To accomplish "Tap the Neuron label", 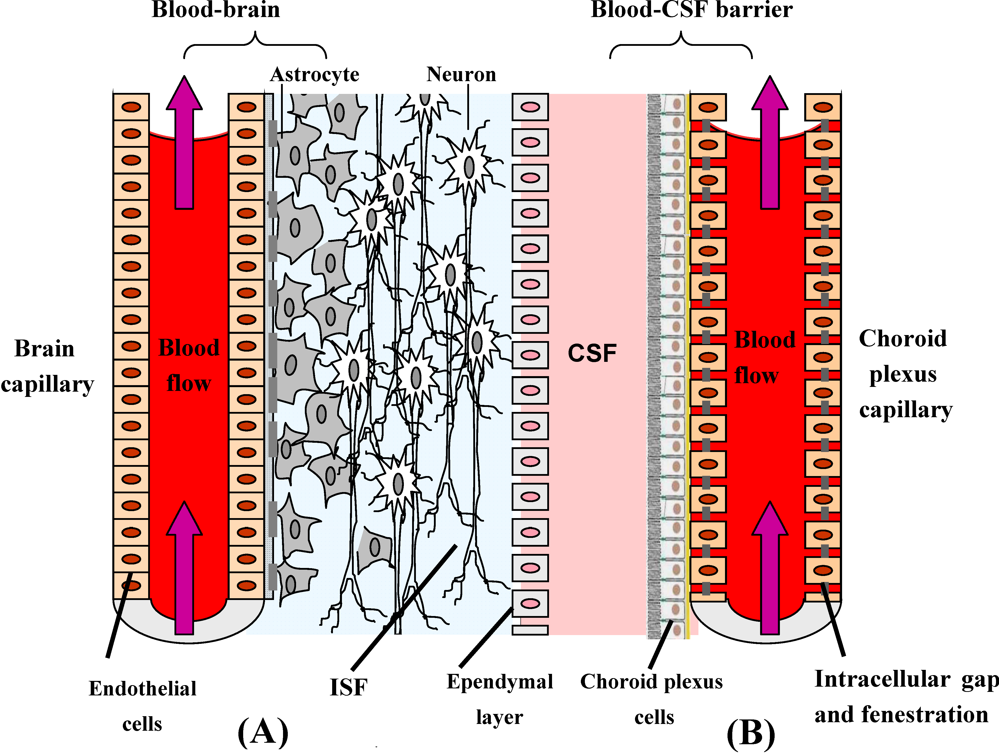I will tap(461, 74).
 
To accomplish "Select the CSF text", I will tap(592, 353).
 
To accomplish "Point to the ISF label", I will tap(348, 687).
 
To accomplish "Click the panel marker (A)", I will tap(263, 732).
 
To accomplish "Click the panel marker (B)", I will tap(751, 734).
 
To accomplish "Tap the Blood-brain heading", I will tap(216, 10).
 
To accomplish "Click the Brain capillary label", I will tap(47, 366).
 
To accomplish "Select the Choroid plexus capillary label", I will tap(904, 374).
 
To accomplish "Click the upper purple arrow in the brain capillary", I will tap(184, 142).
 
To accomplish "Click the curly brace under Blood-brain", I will tap(255, 45).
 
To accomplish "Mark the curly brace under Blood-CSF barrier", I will tap(681, 45).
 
